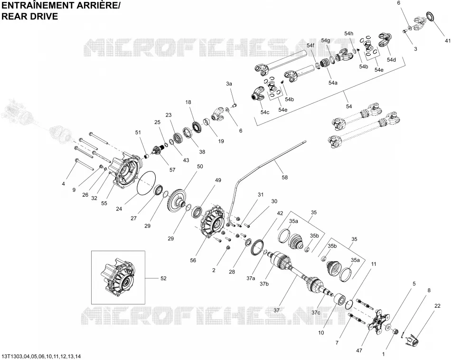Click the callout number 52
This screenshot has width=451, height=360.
[163, 278]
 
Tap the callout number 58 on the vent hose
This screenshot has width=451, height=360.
[284, 177]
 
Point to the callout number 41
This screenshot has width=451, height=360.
[448, 41]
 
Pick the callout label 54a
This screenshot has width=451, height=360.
[333, 83]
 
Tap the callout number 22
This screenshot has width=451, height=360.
[437, 306]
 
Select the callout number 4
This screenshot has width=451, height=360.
[64, 184]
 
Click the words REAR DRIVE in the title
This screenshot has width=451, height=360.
[30, 17]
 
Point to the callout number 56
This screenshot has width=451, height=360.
[193, 260]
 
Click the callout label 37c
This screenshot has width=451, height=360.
[316, 313]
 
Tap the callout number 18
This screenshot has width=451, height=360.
[188, 102]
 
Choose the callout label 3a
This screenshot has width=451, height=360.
[229, 84]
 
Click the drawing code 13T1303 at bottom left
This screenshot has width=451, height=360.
[11, 357]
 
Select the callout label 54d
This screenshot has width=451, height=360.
[391, 59]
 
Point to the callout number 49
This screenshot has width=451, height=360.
[218, 180]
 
